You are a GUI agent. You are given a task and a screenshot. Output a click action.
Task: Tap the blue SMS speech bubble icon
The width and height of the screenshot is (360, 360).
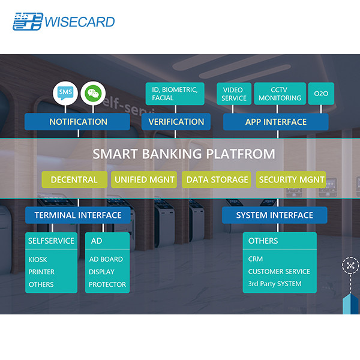(x=64, y=92)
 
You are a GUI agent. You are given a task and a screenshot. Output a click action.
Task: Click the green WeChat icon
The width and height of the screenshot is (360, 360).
(x=92, y=92)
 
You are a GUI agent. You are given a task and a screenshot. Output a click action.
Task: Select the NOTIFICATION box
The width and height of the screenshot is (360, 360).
(x=78, y=122)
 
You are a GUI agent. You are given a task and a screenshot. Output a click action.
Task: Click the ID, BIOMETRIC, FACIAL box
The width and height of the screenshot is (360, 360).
(x=175, y=93)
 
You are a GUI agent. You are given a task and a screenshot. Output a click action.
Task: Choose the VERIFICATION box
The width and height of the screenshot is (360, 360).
(x=176, y=122)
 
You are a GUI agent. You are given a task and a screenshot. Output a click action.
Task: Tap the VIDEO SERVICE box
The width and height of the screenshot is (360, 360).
(x=233, y=94)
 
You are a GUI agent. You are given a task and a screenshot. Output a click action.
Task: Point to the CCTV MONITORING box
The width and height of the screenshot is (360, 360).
(x=280, y=94)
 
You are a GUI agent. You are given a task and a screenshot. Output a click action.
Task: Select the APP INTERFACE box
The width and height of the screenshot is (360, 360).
(x=275, y=122)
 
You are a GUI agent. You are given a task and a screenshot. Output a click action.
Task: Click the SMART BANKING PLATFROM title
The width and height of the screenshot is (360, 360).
(x=184, y=154)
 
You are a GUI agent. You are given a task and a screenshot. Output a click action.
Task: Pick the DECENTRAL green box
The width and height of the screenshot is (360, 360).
(x=74, y=179)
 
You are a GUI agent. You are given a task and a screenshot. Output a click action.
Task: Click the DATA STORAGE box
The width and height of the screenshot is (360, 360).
(x=217, y=179)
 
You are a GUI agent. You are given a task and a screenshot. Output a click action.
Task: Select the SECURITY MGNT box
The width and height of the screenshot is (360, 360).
(x=291, y=179)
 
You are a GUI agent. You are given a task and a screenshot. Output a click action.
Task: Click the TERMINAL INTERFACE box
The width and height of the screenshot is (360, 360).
(x=78, y=215)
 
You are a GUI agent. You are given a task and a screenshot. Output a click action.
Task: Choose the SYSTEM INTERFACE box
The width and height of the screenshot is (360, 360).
(x=274, y=215)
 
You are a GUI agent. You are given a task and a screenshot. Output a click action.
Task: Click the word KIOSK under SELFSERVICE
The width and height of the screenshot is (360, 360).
(x=38, y=259)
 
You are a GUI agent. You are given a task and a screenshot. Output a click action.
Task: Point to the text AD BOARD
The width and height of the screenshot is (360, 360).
(x=106, y=259)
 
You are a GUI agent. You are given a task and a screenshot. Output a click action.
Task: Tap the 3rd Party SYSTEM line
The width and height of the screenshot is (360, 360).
(x=275, y=284)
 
